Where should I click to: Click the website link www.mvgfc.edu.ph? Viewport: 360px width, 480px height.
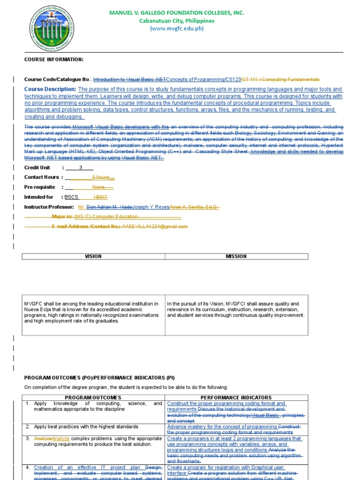tap(177, 29)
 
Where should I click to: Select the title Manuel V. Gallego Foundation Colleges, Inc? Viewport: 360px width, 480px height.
tap(177, 13)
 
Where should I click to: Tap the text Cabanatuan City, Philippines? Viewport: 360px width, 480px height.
tap(177, 21)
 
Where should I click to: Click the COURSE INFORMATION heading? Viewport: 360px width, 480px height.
tap(54, 60)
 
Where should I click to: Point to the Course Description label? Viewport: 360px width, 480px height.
tap(50, 89)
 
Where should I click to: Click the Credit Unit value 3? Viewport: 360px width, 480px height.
tap(81, 167)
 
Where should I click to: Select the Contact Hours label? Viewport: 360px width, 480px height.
tap(42, 177)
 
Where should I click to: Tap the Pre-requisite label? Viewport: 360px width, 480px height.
tap(40, 187)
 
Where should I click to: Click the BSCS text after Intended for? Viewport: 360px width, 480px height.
tap(71, 197)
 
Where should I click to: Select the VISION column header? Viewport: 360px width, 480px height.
tap(93, 256)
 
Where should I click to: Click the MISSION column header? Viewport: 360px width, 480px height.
tap(236, 256)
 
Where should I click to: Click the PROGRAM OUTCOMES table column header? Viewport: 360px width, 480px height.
tap(93, 397)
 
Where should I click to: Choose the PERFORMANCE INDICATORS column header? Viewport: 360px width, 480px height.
tap(236, 397)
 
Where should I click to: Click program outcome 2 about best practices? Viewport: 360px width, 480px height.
tap(86, 427)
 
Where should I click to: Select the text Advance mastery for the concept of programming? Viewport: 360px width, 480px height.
tap(222, 427)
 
